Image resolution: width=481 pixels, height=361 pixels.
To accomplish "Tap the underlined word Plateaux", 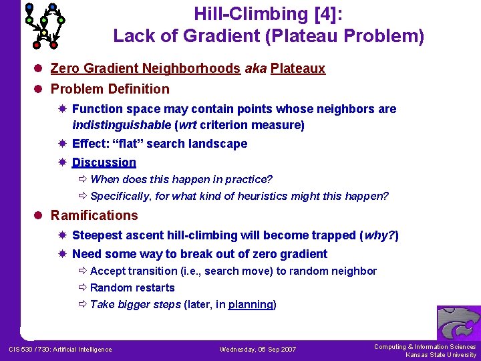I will pyautogui.click(x=297, y=68).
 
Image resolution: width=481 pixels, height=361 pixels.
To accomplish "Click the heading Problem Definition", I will pyautogui.click(x=110, y=89).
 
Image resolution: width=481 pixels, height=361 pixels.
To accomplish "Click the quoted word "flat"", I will pyautogui.click(x=130, y=144).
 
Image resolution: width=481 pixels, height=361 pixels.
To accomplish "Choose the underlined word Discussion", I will pyautogui.click(x=104, y=162).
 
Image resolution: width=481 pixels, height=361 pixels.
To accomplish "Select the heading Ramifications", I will pyautogui.click(x=94, y=215).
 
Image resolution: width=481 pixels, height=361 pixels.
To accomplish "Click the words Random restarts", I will pyautogui.click(x=132, y=287).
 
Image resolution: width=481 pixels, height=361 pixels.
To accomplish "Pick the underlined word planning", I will pyautogui.click(x=251, y=304).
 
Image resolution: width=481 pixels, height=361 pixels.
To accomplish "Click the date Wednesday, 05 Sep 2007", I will pyautogui.click(x=257, y=350).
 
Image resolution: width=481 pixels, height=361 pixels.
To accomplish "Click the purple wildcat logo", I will pyautogui.click(x=458, y=324).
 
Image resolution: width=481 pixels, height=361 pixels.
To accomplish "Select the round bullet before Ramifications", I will pyautogui.click(x=41, y=216).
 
